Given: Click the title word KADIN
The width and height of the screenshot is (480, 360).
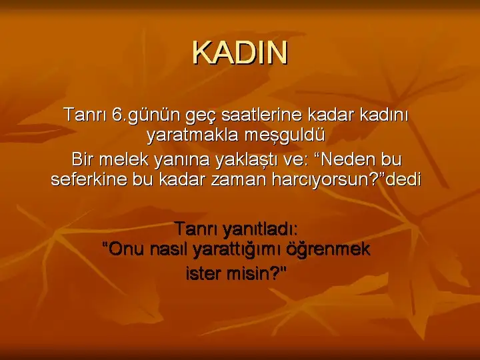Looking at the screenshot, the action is [x=240, y=53].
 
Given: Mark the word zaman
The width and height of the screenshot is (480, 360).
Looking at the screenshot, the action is [x=239, y=180].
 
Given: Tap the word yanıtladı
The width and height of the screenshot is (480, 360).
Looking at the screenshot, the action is [x=260, y=229].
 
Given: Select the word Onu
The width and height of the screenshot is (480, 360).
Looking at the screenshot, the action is [x=126, y=249].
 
